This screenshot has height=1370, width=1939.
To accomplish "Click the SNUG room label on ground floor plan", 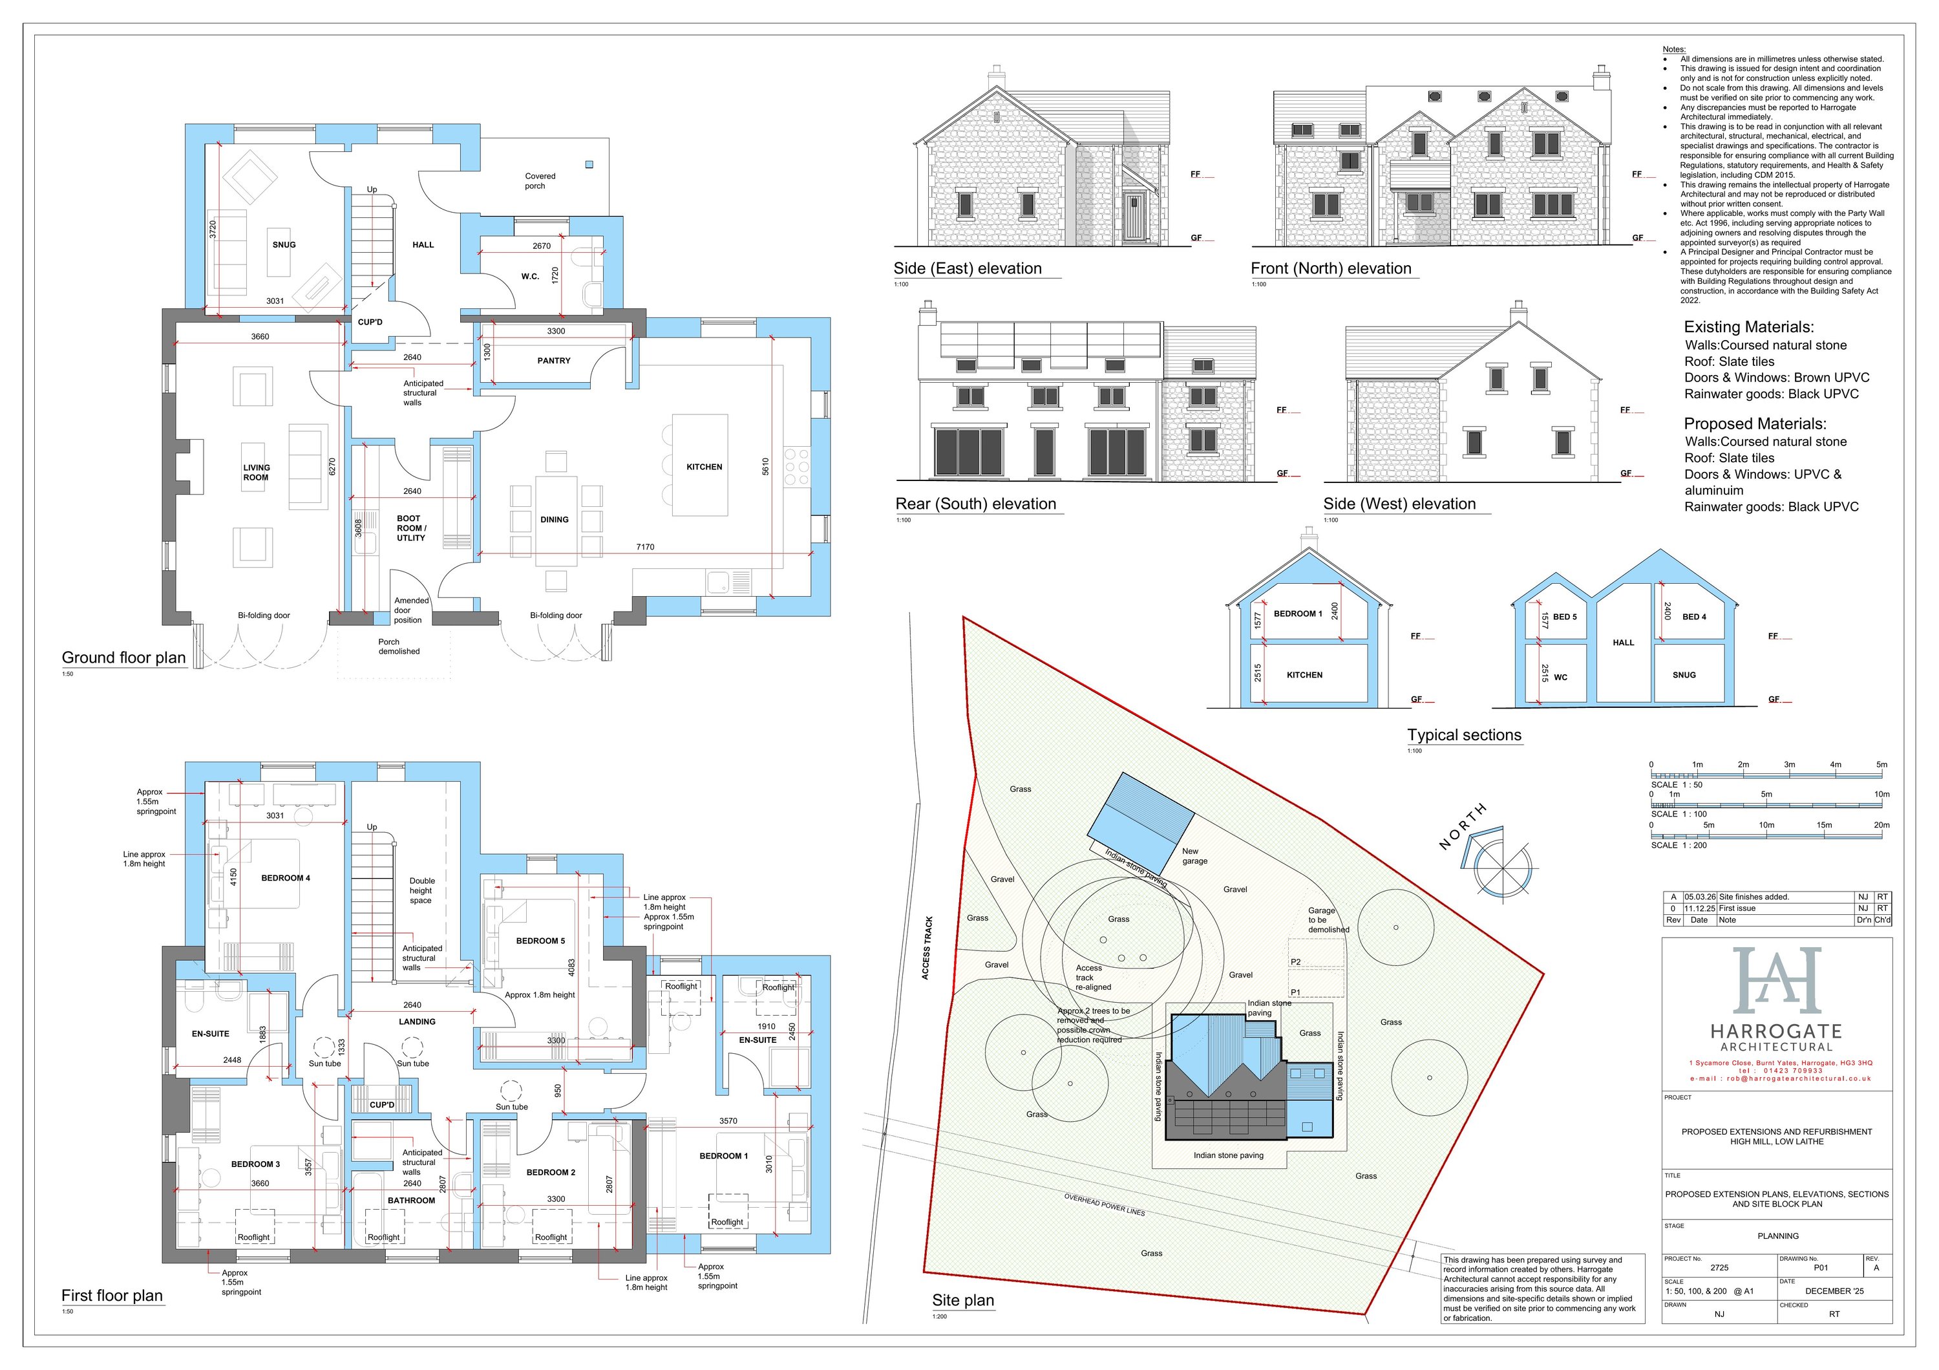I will click(x=284, y=245).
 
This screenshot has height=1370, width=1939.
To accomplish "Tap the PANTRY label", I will click(x=554, y=361).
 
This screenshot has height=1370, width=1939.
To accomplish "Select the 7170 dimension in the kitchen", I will click(x=645, y=548).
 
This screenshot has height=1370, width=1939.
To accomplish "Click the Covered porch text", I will click(x=539, y=181).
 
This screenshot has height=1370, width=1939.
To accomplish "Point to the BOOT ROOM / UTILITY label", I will click(x=411, y=528).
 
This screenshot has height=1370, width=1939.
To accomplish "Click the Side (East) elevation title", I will click(x=968, y=268).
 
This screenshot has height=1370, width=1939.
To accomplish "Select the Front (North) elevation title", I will click(x=1331, y=268).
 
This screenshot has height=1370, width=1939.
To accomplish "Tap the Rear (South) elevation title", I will click(x=975, y=504).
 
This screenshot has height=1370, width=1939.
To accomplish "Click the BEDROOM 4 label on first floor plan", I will click(x=286, y=879).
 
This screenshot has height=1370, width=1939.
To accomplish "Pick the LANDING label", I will click(x=417, y=1022).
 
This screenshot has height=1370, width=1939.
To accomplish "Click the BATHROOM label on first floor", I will click(x=411, y=1200).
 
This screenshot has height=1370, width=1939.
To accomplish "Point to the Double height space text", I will click(x=421, y=890).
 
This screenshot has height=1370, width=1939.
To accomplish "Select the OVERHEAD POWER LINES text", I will click(x=1104, y=1204).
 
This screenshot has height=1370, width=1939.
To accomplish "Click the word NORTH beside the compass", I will click(x=1462, y=827).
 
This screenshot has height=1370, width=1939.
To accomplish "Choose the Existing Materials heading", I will click(x=1748, y=327).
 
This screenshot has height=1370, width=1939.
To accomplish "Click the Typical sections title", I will click(x=1463, y=735).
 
